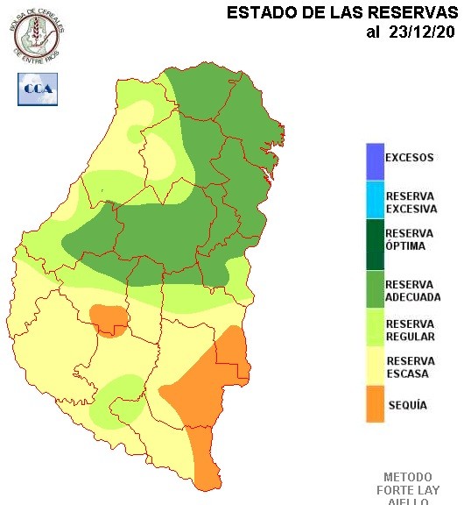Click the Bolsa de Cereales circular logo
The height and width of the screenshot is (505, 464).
(38, 32)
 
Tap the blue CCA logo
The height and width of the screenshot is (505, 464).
(37, 89)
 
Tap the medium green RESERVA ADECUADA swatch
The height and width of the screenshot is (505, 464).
(375, 290)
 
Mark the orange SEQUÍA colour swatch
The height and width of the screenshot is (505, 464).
(375, 405)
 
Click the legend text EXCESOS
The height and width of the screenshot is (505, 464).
(410, 159)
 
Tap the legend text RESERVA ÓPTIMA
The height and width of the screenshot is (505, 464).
(410, 239)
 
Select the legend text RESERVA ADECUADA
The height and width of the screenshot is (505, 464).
(412, 291)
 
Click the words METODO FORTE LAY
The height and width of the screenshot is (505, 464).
(408, 483)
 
